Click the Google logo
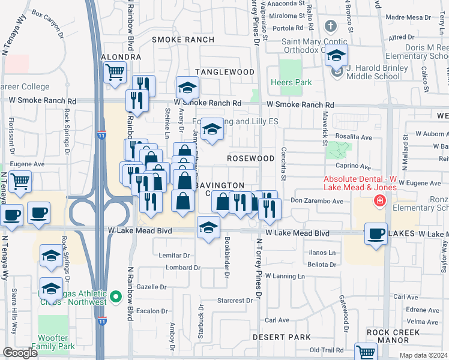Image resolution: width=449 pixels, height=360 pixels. point(20,353)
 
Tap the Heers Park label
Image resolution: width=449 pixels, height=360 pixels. point(291,82)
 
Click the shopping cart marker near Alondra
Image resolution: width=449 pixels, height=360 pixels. point(115,73)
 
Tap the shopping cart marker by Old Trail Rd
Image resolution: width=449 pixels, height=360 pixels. point(365,352)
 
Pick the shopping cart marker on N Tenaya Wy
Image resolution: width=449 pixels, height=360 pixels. point(20,181)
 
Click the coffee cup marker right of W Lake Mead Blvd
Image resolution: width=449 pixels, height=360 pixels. point(376,234)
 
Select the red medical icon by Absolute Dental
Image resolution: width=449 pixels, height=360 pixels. point(379,200)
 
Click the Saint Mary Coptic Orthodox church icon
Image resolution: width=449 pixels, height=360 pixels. point(330,26)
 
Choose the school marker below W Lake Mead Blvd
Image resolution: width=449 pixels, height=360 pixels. point(208,228)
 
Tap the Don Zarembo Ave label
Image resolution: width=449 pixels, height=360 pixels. point(316,201)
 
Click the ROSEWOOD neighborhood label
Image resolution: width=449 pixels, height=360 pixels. point(250,158)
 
